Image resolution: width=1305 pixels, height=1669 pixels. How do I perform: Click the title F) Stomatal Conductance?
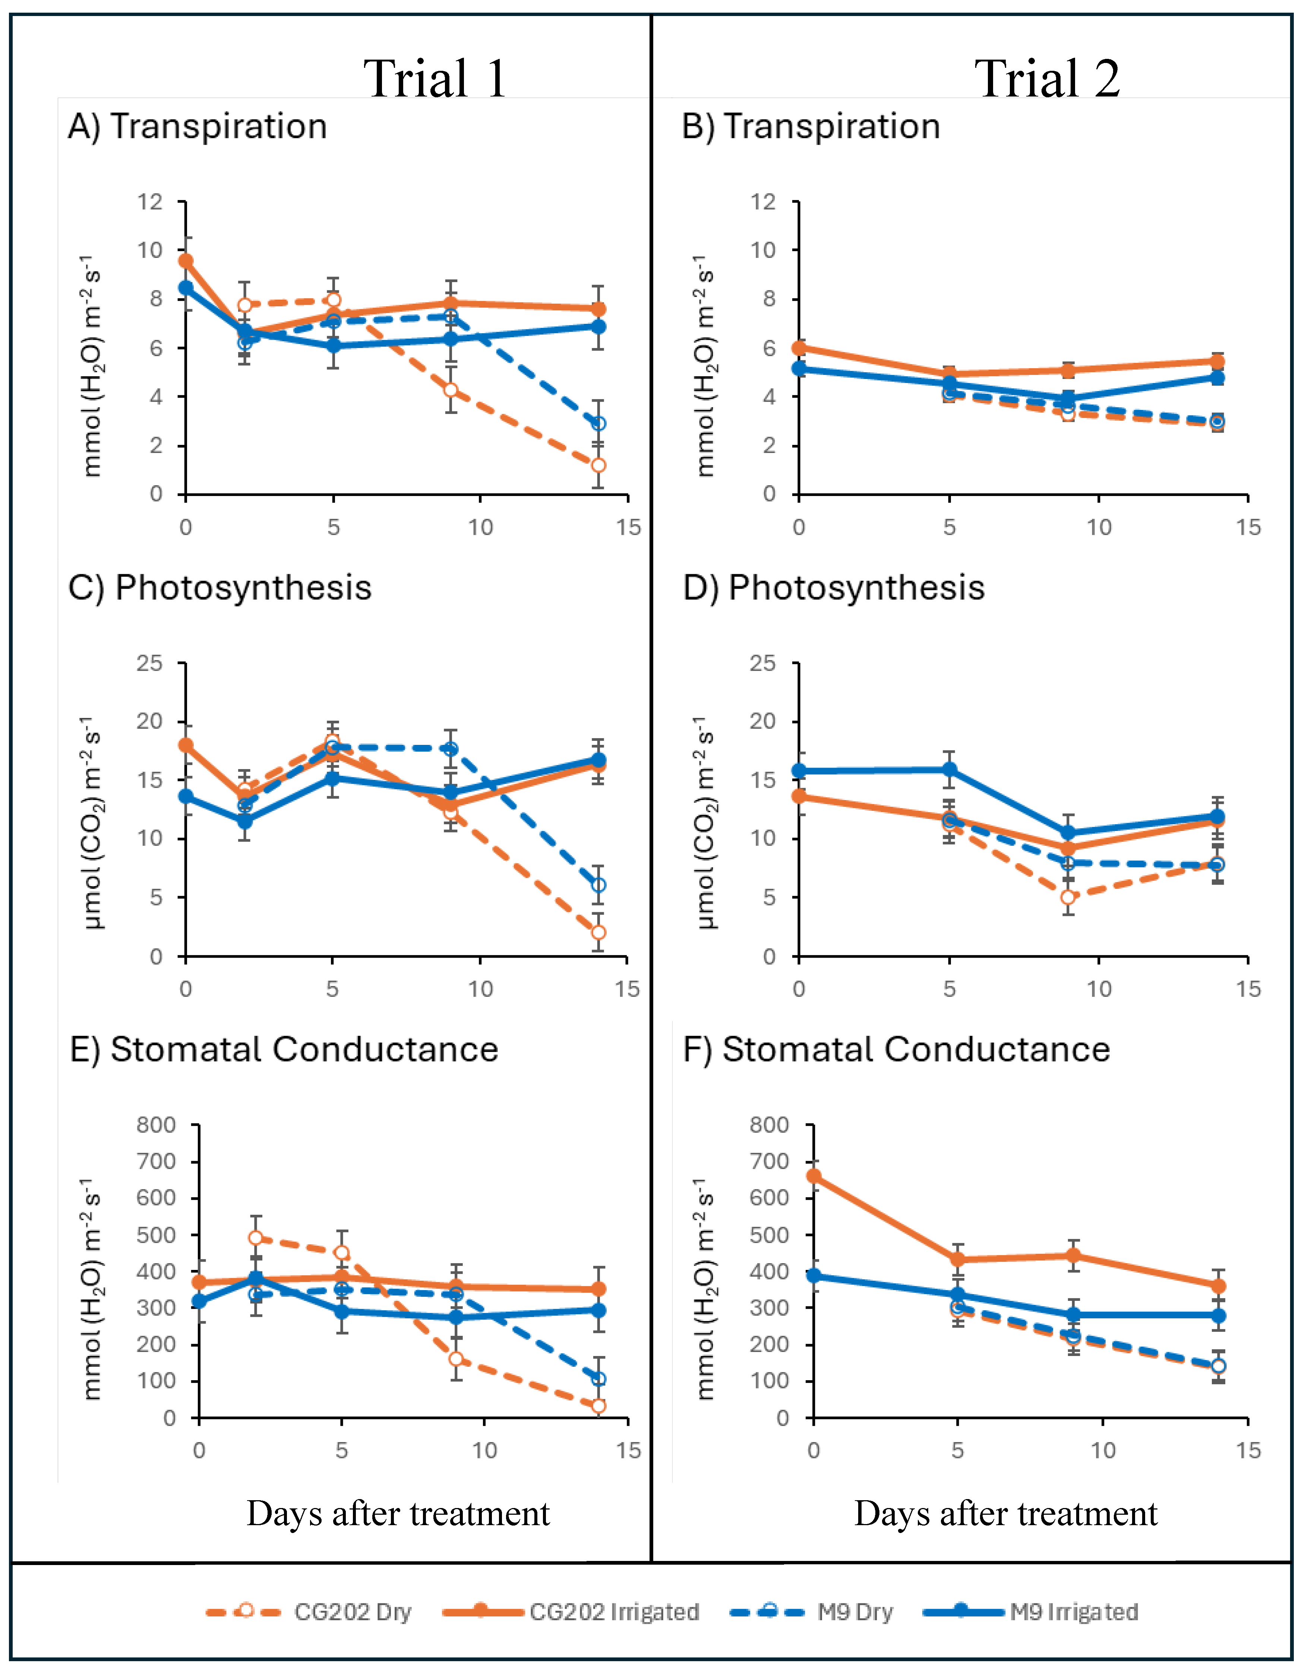point(895,1049)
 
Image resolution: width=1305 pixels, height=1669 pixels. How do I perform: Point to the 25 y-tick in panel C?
point(150,663)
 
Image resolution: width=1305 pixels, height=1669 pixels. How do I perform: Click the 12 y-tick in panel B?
point(762,202)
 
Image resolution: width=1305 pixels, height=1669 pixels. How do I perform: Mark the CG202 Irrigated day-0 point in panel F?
point(814,1176)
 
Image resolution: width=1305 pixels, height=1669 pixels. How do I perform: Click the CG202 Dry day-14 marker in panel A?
point(598,465)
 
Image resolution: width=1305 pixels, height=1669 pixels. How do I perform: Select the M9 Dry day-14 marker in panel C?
point(598,885)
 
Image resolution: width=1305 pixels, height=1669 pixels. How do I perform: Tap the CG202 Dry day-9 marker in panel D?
point(1067,897)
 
